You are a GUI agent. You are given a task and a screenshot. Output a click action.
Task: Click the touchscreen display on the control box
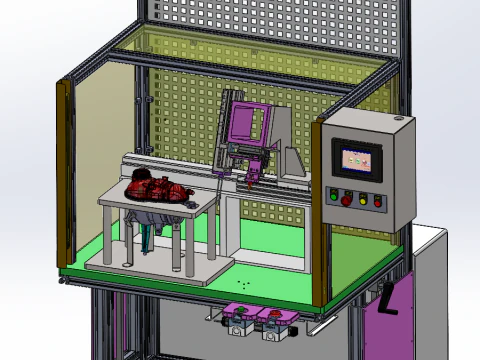pyautogui.click(x=357, y=158)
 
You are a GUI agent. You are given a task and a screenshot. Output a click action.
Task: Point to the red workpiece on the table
pyautogui.click(x=156, y=187)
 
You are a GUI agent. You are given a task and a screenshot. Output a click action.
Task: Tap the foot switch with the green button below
pyautogui.click(x=239, y=317)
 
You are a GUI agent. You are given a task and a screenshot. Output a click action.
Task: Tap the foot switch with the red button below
pyautogui.click(x=273, y=320)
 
